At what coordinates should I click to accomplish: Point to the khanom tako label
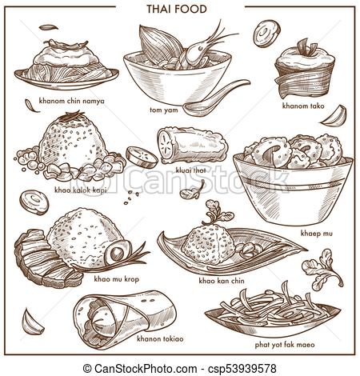point(299,104)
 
